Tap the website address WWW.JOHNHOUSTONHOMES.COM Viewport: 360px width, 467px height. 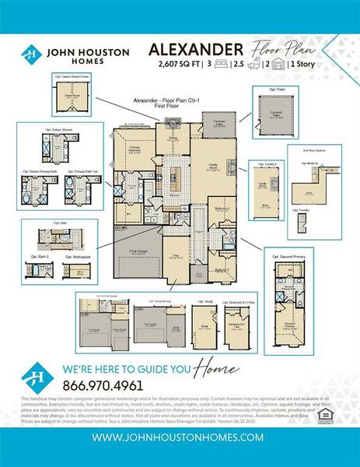pyautogui.click(x=180, y=437)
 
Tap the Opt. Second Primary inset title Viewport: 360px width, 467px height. pyautogui.click(x=286, y=255)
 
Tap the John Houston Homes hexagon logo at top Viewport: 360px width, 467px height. pyautogui.click(x=30, y=54)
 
